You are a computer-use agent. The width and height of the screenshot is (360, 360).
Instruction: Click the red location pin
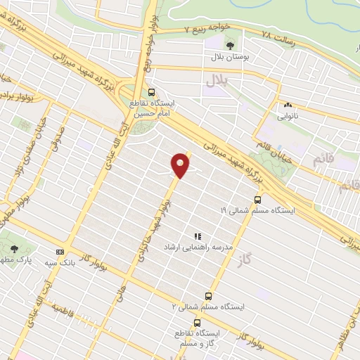pos(181,165)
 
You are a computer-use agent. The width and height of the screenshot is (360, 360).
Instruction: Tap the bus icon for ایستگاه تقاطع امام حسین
pos(152,92)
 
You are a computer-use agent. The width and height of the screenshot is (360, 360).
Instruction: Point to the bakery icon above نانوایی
pos(288,105)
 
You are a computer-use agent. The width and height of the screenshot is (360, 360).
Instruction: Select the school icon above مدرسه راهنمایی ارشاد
pos(198,236)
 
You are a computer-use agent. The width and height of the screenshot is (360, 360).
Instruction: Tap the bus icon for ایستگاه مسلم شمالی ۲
pos(208,296)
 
